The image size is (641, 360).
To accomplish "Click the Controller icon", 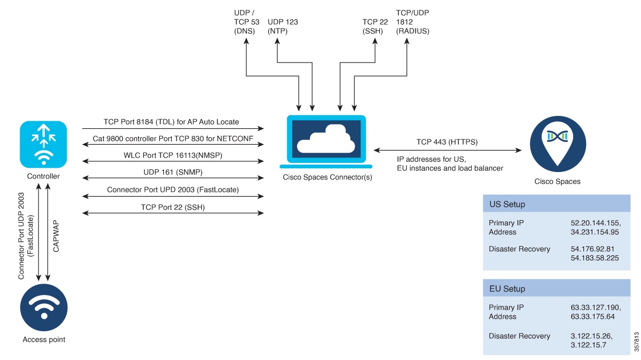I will [x=43, y=144].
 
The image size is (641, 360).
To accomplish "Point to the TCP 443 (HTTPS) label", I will [x=447, y=142].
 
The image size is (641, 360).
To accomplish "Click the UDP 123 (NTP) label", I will [x=283, y=26].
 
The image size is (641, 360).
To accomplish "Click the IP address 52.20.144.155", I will [x=595, y=222].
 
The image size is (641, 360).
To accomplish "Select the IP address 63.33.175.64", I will [x=592, y=316].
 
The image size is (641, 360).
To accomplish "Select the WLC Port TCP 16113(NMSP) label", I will [x=173, y=155].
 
